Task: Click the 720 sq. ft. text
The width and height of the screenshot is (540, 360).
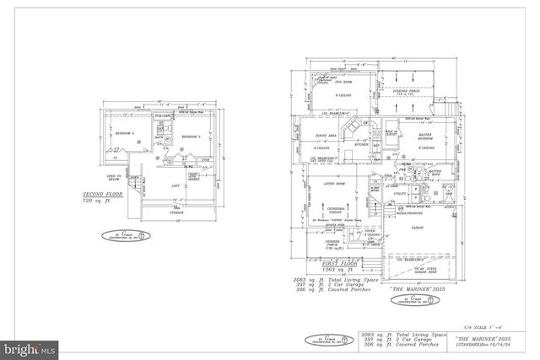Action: coord(95,202)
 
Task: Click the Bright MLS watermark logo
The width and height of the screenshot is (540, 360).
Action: coord(28,347)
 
